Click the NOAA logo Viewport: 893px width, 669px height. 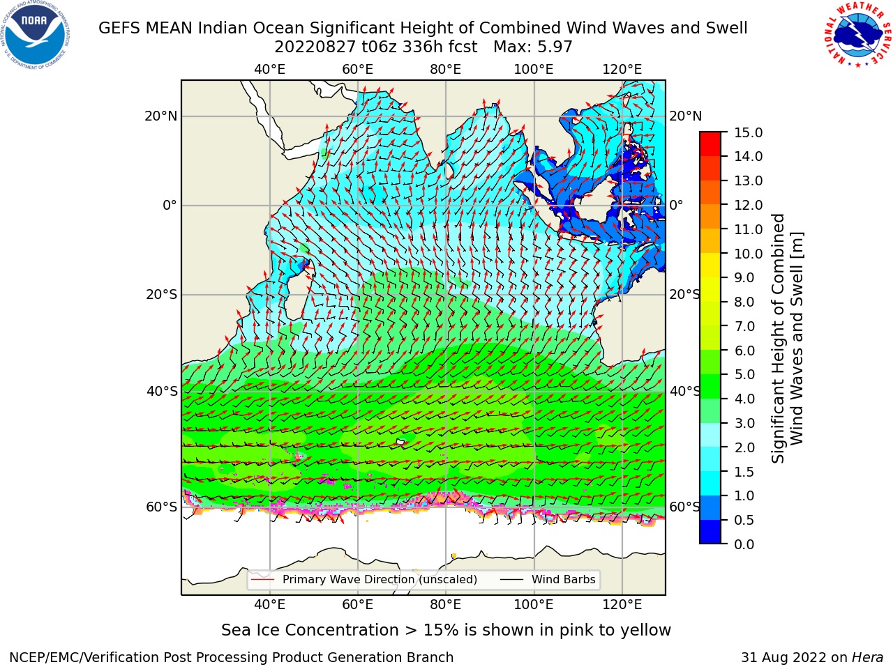(35, 35)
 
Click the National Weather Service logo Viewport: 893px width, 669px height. (858, 35)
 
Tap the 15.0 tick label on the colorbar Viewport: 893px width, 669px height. (748, 132)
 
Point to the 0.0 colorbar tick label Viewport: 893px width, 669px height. (744, 544)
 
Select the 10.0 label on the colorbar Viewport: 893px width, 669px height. (748, 254)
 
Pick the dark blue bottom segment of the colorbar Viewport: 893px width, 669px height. (710, 532)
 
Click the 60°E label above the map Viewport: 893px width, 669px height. (358, 70)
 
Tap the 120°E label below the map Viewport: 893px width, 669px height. (622, 604)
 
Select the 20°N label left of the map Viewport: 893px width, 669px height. (161, 116)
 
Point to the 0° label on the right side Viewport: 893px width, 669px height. (676, 205)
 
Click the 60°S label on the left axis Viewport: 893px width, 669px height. (162, 507)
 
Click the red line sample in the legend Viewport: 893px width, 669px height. (263, 580)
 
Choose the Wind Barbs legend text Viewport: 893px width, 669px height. (564, 579)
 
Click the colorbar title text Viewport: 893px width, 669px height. (786, 338)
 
